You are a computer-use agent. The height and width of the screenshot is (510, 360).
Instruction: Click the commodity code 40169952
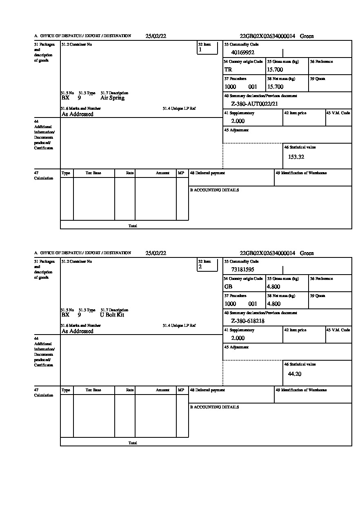243,53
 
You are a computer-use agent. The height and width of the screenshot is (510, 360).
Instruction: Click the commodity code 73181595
243,270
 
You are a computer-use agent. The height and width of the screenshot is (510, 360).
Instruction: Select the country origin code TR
228,70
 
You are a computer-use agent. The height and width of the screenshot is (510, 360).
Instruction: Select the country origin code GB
228,287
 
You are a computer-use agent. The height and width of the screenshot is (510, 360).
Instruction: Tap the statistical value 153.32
296,157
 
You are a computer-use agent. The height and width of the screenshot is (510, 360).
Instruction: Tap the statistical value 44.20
294,374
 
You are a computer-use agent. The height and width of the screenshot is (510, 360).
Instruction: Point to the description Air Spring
112,98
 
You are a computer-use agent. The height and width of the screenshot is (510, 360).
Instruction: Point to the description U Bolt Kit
112,315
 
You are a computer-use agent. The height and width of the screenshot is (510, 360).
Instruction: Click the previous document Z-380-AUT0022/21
254,104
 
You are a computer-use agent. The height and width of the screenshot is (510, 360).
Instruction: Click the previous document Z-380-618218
248,321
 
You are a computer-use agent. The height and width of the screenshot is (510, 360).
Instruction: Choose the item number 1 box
207,48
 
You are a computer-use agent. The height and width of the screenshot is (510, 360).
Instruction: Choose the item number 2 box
207,265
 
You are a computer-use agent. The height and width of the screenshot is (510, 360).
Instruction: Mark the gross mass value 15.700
275,70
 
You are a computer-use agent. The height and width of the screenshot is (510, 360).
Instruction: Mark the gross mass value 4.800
273,287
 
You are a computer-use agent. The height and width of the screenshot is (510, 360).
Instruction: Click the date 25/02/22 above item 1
156,36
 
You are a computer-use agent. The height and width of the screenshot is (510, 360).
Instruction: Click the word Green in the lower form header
307,253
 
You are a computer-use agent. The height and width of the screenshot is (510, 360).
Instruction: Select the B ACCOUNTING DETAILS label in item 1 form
214,190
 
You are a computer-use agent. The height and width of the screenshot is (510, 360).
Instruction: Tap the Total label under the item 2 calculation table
133,443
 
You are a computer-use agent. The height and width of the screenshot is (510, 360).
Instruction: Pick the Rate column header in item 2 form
130,390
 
